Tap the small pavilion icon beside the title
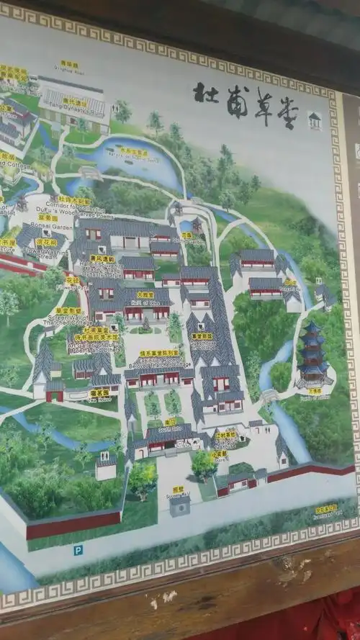click(314, 120)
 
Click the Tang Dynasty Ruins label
click(74, 105)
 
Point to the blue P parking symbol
click(77, 549)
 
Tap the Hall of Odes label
click(145, 297)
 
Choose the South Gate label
click(170, 424)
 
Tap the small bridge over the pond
click(89, 172)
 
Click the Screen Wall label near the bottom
click(178, 492)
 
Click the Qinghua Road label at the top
click(69, 66)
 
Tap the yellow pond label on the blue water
click(133, 153)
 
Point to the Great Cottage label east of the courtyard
click(202, 338)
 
